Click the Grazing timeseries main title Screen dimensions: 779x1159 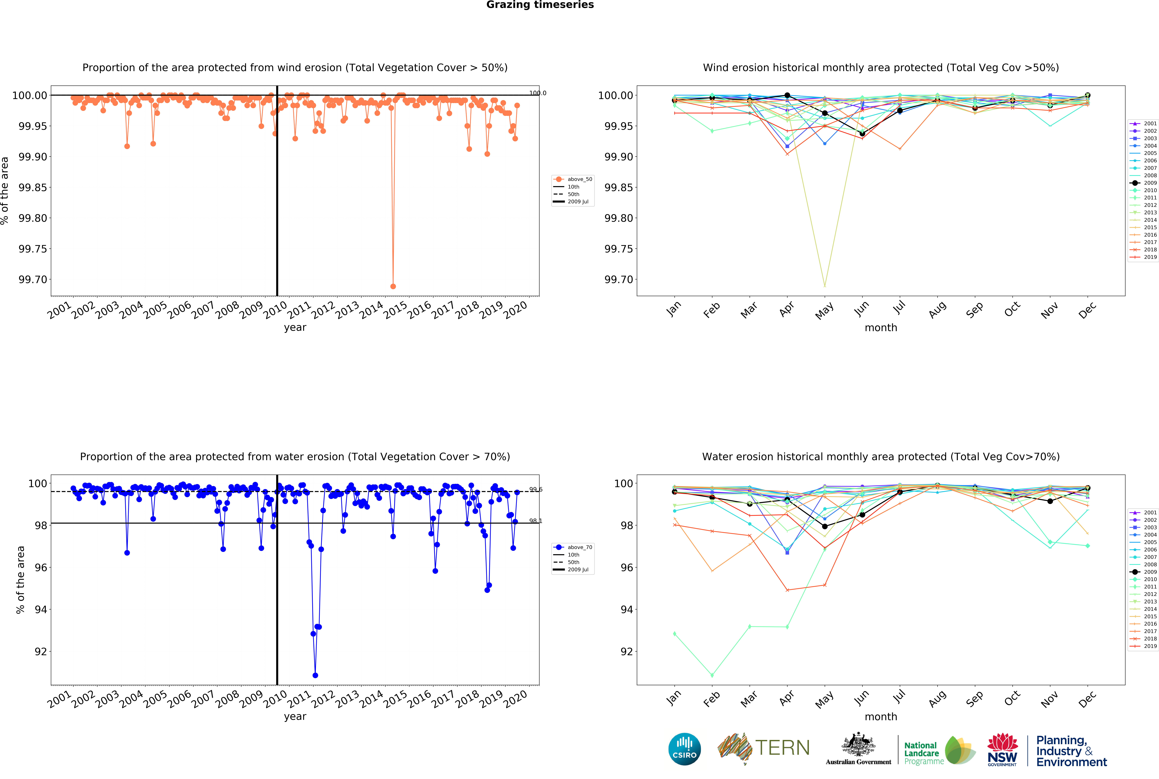[x=540, y=5]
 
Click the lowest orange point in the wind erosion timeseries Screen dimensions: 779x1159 [x=393, y=286]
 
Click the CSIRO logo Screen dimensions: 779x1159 [x=684, y=749]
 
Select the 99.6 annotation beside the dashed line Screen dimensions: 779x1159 [x=535, y=489]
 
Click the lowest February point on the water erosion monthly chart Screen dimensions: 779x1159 [x=712, y=675]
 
